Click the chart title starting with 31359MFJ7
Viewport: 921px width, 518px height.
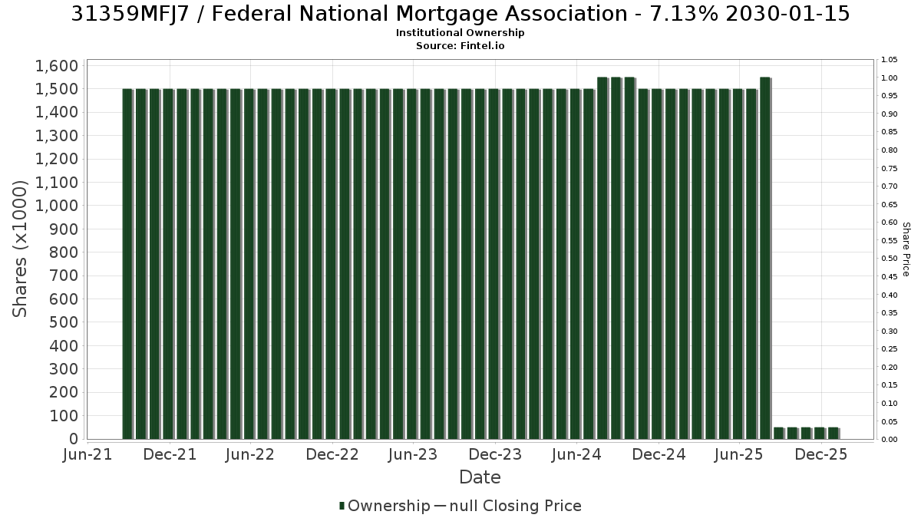[460, 14]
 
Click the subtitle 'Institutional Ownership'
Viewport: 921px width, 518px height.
[460, 33]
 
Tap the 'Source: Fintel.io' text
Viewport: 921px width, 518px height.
[460, 45]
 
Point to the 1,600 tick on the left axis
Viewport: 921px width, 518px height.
[57, 66]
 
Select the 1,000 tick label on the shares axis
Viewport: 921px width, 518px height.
[57, 206]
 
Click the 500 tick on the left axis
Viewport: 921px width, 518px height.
[64, 322]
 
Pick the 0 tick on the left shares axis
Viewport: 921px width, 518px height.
[74, 439]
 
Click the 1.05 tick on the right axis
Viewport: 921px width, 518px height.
[890, 60]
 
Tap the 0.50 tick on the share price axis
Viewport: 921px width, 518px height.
[890, 259]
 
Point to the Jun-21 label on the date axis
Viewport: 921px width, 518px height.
[87, 454]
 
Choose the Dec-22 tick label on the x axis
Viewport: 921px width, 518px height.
[332, 454]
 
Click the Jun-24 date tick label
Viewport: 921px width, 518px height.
[576, 454]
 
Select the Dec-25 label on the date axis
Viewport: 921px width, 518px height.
[821, 454]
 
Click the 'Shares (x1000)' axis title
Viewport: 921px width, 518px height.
[20, 249]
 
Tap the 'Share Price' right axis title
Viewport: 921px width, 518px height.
[906, 249]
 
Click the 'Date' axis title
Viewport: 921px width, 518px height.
[480, 477]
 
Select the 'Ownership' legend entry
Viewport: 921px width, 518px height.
[385, 506]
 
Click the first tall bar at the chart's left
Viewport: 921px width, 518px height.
[128, 264]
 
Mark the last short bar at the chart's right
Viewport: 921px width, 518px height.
[834, 434]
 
